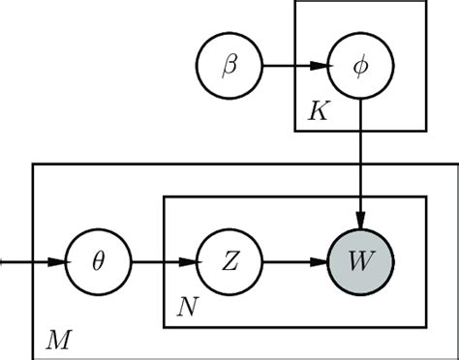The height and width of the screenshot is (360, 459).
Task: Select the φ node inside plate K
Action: (360, 69)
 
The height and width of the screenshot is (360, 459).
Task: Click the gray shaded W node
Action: (360, 262)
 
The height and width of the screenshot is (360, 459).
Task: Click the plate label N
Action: (186, 308)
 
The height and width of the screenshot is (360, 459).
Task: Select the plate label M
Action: (58, 338)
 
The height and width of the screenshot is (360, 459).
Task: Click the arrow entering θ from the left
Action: (29, 262)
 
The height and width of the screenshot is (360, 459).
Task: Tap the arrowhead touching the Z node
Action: (189, 262)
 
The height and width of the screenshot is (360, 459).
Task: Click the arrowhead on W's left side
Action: (322, 262)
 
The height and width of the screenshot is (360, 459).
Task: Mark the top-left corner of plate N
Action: (164, 197)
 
